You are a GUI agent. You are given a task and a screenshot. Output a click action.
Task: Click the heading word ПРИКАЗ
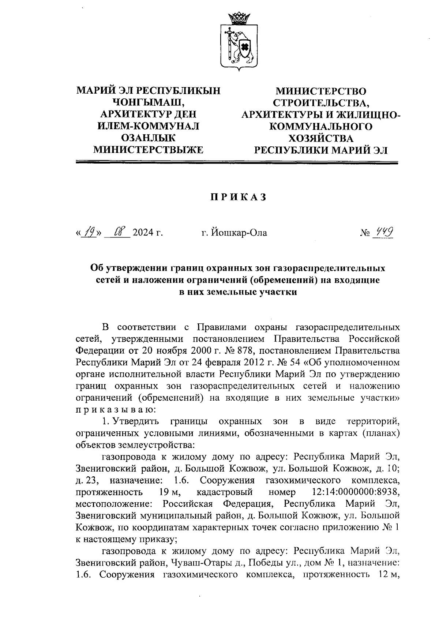(x=237, y=198)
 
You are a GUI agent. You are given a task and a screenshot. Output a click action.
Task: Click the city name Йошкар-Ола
(x=234, y=233)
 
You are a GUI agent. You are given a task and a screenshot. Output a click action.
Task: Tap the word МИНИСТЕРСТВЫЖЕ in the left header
(x=148, y=150)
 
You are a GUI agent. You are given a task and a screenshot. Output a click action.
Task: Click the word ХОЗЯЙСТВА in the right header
(x=321, y=138)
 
